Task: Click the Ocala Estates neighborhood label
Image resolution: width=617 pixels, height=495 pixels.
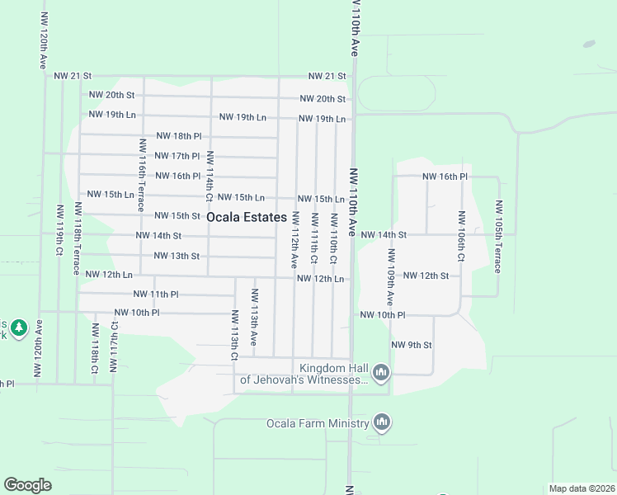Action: pos(247,218)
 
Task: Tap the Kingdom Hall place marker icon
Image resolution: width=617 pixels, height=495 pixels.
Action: pos(381,374)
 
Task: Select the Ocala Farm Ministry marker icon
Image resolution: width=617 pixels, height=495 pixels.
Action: pos(381,423)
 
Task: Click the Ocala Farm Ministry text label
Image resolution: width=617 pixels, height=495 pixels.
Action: pos(317,424)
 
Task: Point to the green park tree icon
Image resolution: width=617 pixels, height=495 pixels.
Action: pos(19,328)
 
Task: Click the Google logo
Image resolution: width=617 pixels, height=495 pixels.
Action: pos(27,485)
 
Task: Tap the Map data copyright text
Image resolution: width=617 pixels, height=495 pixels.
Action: pos(582,488)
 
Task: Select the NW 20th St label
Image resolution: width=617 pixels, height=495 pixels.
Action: pos(322,99)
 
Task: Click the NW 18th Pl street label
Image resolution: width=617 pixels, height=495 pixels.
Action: pos(178,136)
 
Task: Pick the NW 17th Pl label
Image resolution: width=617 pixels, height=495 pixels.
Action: pos(177,156)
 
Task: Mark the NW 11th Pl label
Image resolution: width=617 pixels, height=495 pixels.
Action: pos(156,294)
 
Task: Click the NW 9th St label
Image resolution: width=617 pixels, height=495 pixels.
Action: pos(412,345)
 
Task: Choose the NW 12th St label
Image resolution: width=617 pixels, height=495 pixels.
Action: pos(426,276)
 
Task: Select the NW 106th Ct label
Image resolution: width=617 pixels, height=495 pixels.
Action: pos(462,237)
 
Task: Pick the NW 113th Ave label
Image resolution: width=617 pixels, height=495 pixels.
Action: pos(255,318)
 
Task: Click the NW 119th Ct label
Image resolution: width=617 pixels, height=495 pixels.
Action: pos(60,230)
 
